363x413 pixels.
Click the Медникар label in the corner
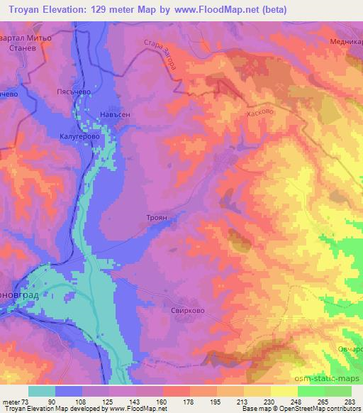pyautogui.click(x=347, y=42)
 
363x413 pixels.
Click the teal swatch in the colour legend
pyautogui.click(x=42, y=391)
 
